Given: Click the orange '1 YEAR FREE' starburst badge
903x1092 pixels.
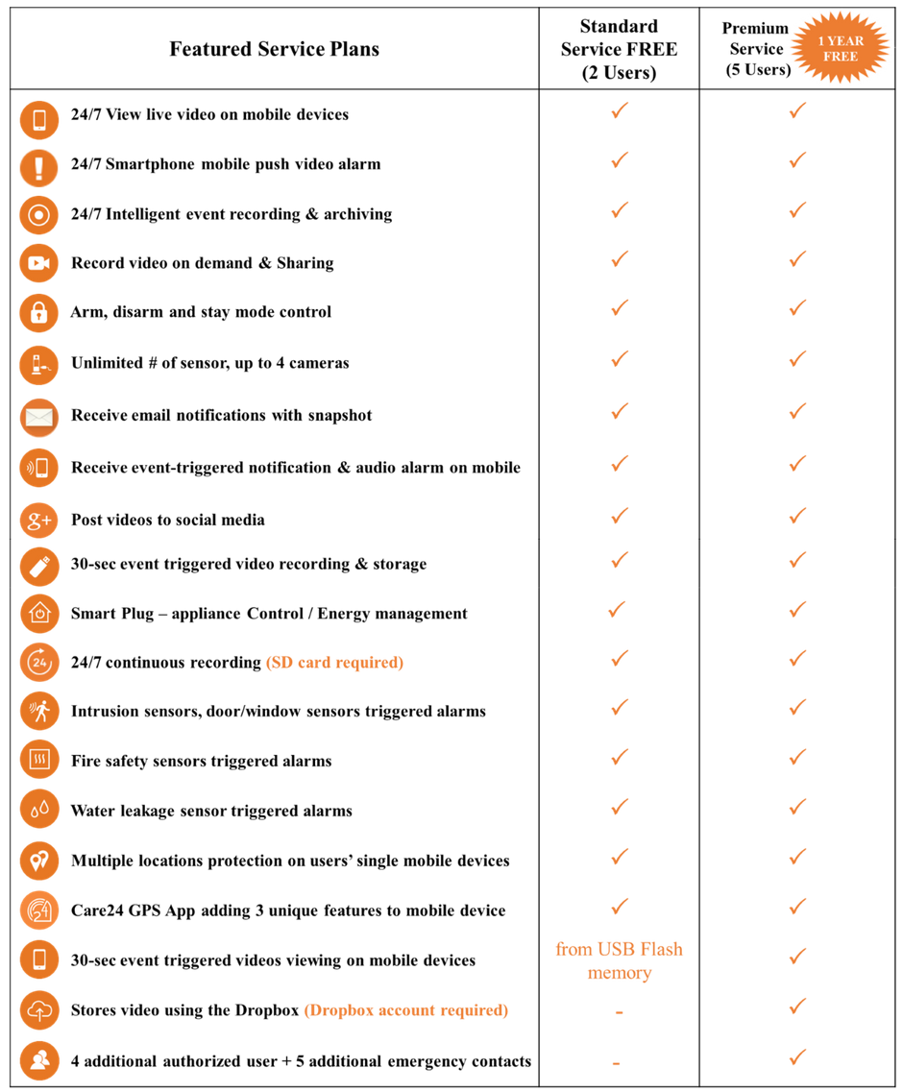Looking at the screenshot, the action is pyautogui.click(x=841, y=48).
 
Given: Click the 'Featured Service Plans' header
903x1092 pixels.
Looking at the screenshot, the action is pyautogui.click(x=275, y=49).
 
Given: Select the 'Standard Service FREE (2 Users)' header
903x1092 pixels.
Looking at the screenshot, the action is pyautogui.click(x=619, y=49).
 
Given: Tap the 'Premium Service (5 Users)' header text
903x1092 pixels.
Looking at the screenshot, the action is pyautogui.click(x=757, y=49).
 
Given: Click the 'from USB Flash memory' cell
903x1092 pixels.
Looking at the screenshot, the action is pyautogui.click(x=619, y=960).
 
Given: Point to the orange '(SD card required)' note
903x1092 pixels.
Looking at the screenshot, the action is pyautogui.click(x=334, y=663).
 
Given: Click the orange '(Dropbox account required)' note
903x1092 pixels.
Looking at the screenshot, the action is pyautogui.click(x=406, y=1010).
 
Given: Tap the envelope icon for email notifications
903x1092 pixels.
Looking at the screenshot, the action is pyautogui.click(x=39, y=417).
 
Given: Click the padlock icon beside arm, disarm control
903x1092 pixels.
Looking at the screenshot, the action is pyautogui.click(x=39, y=312).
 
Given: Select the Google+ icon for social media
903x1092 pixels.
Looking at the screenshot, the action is pyautogui.click(x=39, y=521).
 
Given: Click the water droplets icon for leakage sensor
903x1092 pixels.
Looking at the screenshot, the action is pyautogui.click(x=39, y=810).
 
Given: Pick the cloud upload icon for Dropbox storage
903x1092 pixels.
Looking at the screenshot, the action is pyautogui.click(x=39, y=1009).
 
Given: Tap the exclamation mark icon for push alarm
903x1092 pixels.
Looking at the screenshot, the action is pyautogui.click(x=39, y=168).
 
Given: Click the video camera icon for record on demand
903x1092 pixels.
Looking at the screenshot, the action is pyautogui.click(x=39, y=262).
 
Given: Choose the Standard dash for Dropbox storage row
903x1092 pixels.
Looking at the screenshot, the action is pyautogui.click(x=619, y=1012).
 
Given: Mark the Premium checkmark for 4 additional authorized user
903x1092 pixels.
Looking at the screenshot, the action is pyautogui.click(x=797, y=1057).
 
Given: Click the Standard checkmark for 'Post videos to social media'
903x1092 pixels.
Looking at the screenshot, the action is pyautogui.click(x=620, y=516).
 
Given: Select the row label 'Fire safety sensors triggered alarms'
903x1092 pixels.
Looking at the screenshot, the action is pyautogui.click(x=202, y=762).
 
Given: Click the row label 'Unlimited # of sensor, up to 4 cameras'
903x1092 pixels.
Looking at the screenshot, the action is pyautogui.click(x=209, y=363).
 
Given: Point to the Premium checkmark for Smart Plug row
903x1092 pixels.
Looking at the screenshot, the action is pyautogui.click(x=797, y=610).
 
